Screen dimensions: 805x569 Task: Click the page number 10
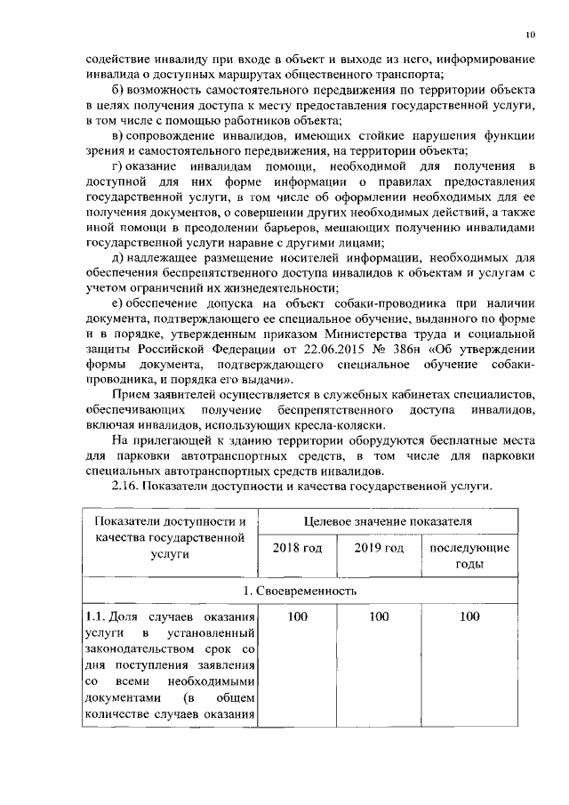pyautogui.click(x=530, y=35)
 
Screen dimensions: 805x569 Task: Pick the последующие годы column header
pyautogui.click(x=469, y=555)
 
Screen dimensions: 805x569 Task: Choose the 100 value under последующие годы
pyautogui.click(x=469, y=616)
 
